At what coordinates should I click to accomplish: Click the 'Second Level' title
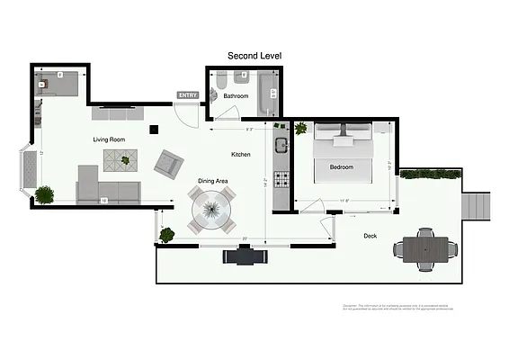(254, 56)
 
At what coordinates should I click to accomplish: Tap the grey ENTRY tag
(188, 94)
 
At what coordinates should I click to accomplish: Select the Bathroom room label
(236, 95)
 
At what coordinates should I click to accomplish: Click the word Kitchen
(241, 155)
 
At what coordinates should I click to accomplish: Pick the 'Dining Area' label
(213, 181)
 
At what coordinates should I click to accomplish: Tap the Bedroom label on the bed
(342, 167)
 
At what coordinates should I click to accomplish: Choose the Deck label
(370, 236)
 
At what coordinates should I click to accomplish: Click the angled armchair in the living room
(167, 163)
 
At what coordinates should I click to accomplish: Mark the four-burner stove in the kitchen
(281, 180)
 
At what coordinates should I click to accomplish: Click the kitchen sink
(281, 146)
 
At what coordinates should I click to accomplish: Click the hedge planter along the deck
(430, 173)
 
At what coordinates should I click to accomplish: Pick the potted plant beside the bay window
(44, 193)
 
